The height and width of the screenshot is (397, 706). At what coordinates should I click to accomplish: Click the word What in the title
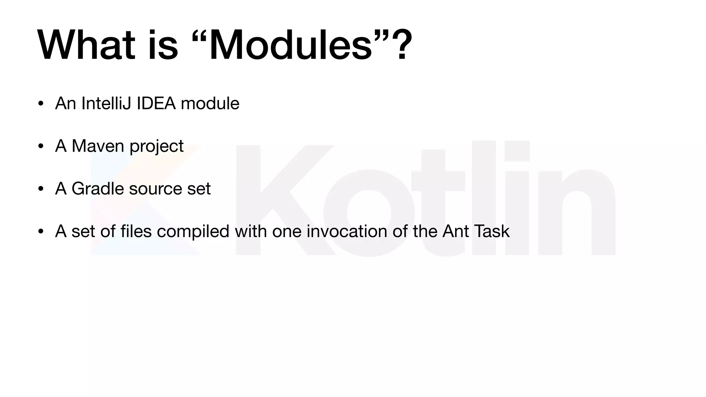coord(86,45)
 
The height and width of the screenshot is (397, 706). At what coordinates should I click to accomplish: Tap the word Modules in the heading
coord(291,45)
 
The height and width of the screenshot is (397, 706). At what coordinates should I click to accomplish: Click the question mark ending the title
coord(400,45)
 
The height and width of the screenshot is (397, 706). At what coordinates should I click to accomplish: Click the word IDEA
coord(156,103)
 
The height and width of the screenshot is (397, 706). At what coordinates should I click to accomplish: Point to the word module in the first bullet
coord(210,103)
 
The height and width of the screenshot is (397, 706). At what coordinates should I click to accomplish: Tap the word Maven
coord(98,146)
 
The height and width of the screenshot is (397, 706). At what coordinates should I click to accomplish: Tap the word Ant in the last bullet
coord(456,231)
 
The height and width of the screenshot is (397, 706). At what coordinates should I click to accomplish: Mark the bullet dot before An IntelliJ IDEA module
coord(41,104)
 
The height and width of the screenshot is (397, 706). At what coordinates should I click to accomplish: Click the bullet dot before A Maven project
coord(41,146)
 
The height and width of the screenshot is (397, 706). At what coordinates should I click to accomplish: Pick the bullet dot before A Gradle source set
coord(41,189)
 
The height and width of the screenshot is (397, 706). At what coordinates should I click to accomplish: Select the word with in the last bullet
coord(251,231)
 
